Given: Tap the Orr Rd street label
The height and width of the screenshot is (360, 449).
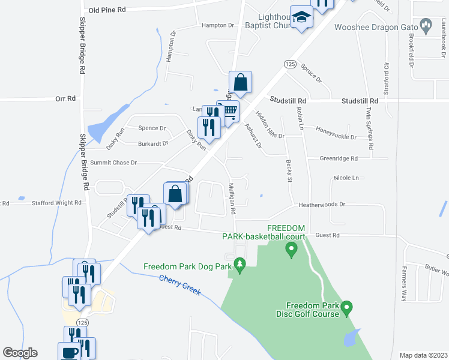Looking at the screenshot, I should (65, 98).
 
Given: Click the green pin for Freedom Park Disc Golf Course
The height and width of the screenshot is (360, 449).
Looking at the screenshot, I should (346, 309).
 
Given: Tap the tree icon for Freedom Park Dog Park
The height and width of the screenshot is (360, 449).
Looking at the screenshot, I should (240, 265).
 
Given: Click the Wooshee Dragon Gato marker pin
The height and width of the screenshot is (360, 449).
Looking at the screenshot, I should (426, 26).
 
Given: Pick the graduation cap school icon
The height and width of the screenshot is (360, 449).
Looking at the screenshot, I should (301, 18).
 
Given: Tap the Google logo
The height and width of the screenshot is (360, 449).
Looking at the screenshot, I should (20, 353).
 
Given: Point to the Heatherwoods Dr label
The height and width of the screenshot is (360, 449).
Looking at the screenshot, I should (322, 205).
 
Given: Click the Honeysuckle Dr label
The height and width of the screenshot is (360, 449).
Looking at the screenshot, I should (336, 137).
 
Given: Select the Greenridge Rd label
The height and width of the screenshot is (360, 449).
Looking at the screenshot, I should (338, 159).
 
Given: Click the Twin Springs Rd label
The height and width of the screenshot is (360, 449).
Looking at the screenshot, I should (370, 130).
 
